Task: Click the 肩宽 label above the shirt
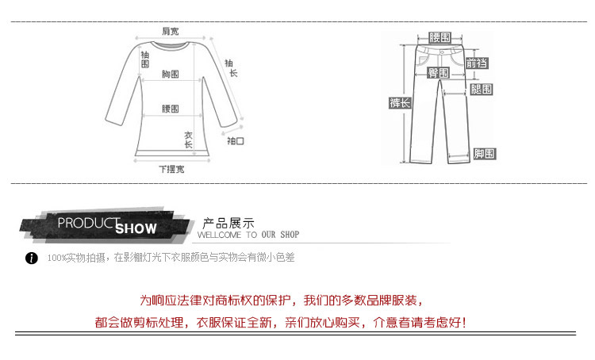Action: pos(171,31)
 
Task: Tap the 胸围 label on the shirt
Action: pos(170,74)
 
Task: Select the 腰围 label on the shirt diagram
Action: pos(170,109)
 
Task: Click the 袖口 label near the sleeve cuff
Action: pos(236,140)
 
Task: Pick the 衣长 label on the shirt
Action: pos(189,140)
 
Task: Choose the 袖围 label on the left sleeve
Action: pos(144,59)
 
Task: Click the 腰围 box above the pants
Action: pos(439,37)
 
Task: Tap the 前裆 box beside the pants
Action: pos(477,63)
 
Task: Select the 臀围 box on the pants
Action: pos(439,72)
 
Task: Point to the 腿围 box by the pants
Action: pos(482,89)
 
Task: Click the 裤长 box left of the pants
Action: pos(399,103)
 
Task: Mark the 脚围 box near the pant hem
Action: pos(484,153)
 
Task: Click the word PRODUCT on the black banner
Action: pos(88,223)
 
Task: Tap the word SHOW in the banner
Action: pos(136,229)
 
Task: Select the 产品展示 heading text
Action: pos(228,222)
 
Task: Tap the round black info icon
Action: pos(32,259)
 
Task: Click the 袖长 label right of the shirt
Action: pos(230,67)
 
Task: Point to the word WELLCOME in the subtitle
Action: pos(217,236)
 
